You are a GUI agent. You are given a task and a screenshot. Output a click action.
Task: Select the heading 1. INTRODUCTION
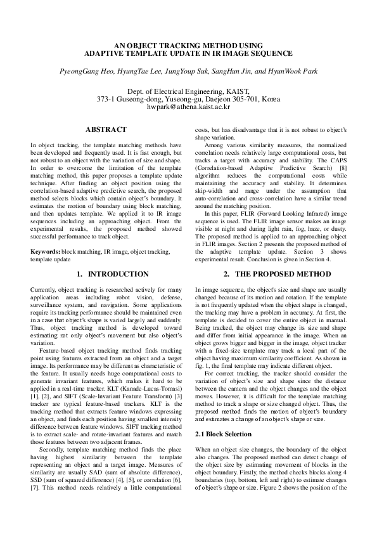[x=112, y=274]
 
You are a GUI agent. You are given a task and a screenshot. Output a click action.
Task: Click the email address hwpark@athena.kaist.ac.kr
[x=188, y=108]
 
